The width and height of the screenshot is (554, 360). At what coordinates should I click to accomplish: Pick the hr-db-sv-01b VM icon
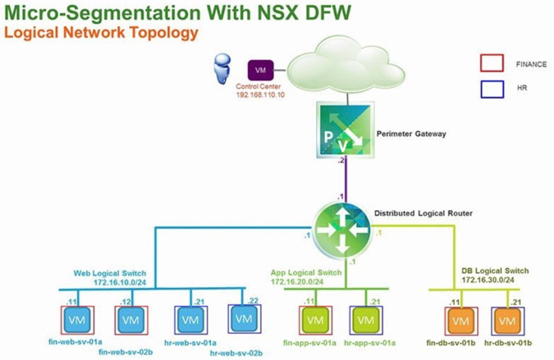point(506,319)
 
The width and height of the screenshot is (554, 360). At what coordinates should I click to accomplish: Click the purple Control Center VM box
point(260,71)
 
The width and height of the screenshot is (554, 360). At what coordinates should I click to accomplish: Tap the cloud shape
point(344,65)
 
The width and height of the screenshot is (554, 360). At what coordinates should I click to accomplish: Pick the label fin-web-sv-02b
point(126,353)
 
